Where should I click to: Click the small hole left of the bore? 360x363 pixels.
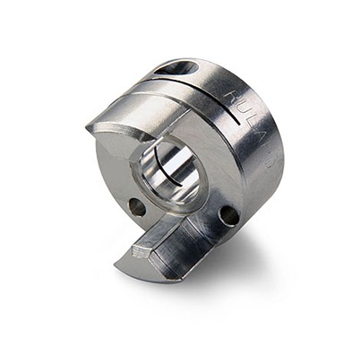(x=137, y=207)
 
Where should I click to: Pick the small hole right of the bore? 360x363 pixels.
(x=229, y=215)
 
